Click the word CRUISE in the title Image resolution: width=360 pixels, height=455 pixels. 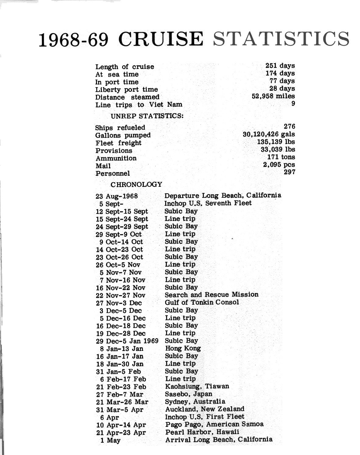point(161,39)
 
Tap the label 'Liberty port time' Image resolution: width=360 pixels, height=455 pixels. point(127,90)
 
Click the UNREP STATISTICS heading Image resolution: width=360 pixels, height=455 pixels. point(147,116)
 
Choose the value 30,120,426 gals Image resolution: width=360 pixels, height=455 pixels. point(269,134)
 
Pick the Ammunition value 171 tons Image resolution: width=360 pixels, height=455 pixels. point(281,157)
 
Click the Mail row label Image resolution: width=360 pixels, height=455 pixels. point(103,166)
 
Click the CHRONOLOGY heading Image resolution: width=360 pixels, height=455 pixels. point(136,184)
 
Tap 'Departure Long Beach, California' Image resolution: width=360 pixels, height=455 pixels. point(223,195)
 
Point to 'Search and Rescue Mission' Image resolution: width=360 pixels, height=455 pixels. point(212,295)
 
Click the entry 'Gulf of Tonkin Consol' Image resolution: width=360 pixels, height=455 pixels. point(202,302)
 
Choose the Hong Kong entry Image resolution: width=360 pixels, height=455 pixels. point(183,348)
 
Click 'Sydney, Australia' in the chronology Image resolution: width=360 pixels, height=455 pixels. point(195,402)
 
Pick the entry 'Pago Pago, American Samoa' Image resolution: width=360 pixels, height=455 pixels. point(214,424)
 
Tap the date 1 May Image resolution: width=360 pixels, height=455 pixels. point(110,440)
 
